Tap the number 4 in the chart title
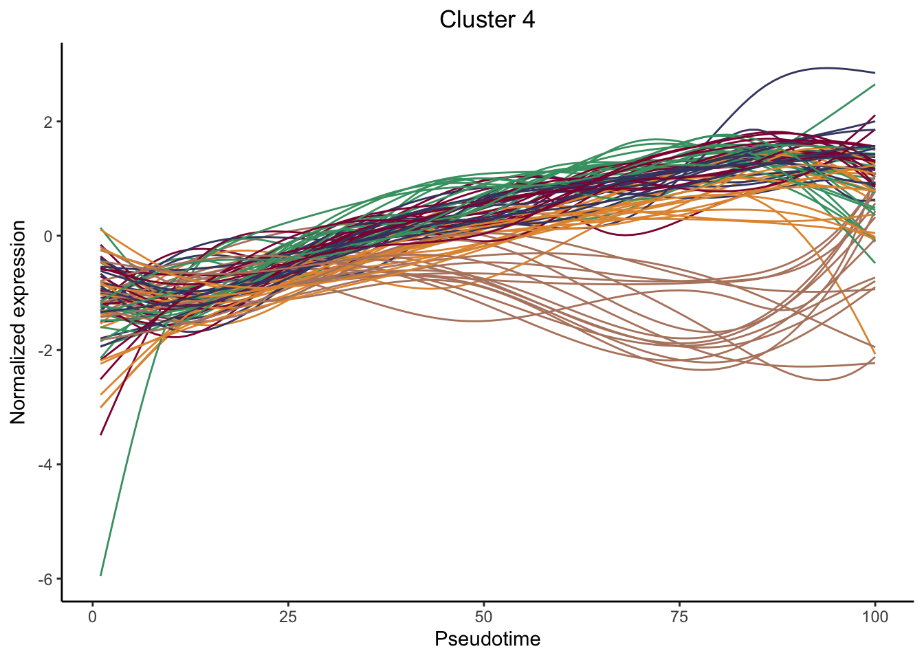[x=528, y=20]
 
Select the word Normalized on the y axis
[x=19, y=372]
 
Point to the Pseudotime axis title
[x=487, y=639]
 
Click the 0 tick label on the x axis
[x=93, y=617]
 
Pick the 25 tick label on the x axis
[x=288, y=617]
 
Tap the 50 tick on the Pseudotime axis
[x=484, y=617]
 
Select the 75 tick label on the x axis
[x=679, y=617]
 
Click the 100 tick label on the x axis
[x=874, y=617]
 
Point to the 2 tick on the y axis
[x=48, y=122]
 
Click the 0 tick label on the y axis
[x=48, y=236]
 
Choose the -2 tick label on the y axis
[x=45, y=350]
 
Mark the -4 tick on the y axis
[x=45, y=464]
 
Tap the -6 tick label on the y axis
[x=45, y=579]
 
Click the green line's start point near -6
[x=101, y=575]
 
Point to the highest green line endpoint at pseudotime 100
[x=874, y=85]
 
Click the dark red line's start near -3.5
[x=101, y=434]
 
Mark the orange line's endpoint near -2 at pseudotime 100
[x=874, y=353]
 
